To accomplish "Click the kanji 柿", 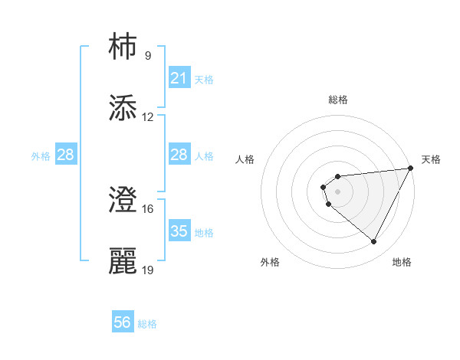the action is click(x=123, y=46).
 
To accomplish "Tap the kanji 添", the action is click(x=123, y=108).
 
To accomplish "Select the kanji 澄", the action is click(x=123, y=200).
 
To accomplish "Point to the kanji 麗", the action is click(x=123, y=261).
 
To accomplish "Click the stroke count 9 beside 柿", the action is click(x=147, y=55).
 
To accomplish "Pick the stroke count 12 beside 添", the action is click(x=148, y=117).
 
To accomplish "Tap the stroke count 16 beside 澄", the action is click(x=148, y=208).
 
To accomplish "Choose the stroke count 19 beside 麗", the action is click(x=148, y=270).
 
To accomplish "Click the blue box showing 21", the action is click(x=179, y=78).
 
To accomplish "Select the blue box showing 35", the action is click(x=179, y=231).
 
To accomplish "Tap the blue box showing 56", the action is click(x=123, y=323).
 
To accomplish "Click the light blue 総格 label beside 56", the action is click(x=147, y=324).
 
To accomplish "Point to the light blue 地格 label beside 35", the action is click(x=204, y=232).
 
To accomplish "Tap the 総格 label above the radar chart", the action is click(x=337, y=100).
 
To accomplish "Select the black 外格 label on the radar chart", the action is click(x=270, y=262).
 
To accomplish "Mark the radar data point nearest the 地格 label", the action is click(x=374, y=242).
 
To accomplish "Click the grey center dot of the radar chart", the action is click(x=337, y=191).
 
